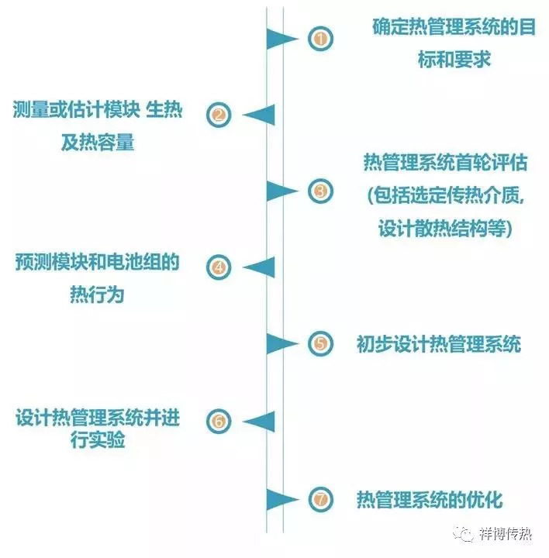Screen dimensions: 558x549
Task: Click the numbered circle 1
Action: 319,39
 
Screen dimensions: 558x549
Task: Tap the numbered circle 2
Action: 219,115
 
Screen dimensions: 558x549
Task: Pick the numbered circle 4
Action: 219,267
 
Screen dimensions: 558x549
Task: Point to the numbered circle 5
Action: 319,343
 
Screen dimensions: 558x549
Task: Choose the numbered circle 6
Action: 219,421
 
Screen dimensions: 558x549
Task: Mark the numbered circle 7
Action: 319,498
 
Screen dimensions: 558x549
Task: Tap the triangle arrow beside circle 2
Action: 259,115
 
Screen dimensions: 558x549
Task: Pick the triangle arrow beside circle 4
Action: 259,267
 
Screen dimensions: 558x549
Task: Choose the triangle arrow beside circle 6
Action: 259,421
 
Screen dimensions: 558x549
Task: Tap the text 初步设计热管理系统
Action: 439,344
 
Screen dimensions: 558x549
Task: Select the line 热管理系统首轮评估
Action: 445,164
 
